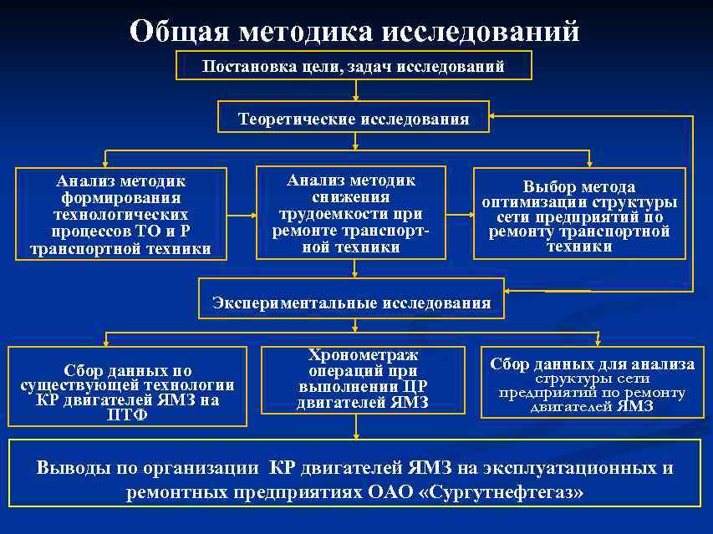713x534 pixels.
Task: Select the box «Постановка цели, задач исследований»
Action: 354,66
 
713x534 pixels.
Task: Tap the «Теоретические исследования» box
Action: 354,119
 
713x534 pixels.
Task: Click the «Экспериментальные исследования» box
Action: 352,303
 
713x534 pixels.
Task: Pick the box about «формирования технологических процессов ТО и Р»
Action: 121,214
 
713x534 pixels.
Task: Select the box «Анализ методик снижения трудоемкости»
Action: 350,213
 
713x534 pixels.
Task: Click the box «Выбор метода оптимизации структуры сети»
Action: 579,216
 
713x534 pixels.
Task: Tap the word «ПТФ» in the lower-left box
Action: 127,414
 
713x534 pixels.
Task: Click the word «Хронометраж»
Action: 363,355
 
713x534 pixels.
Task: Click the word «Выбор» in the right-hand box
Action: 548,186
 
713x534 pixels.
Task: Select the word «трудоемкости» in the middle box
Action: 351,213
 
